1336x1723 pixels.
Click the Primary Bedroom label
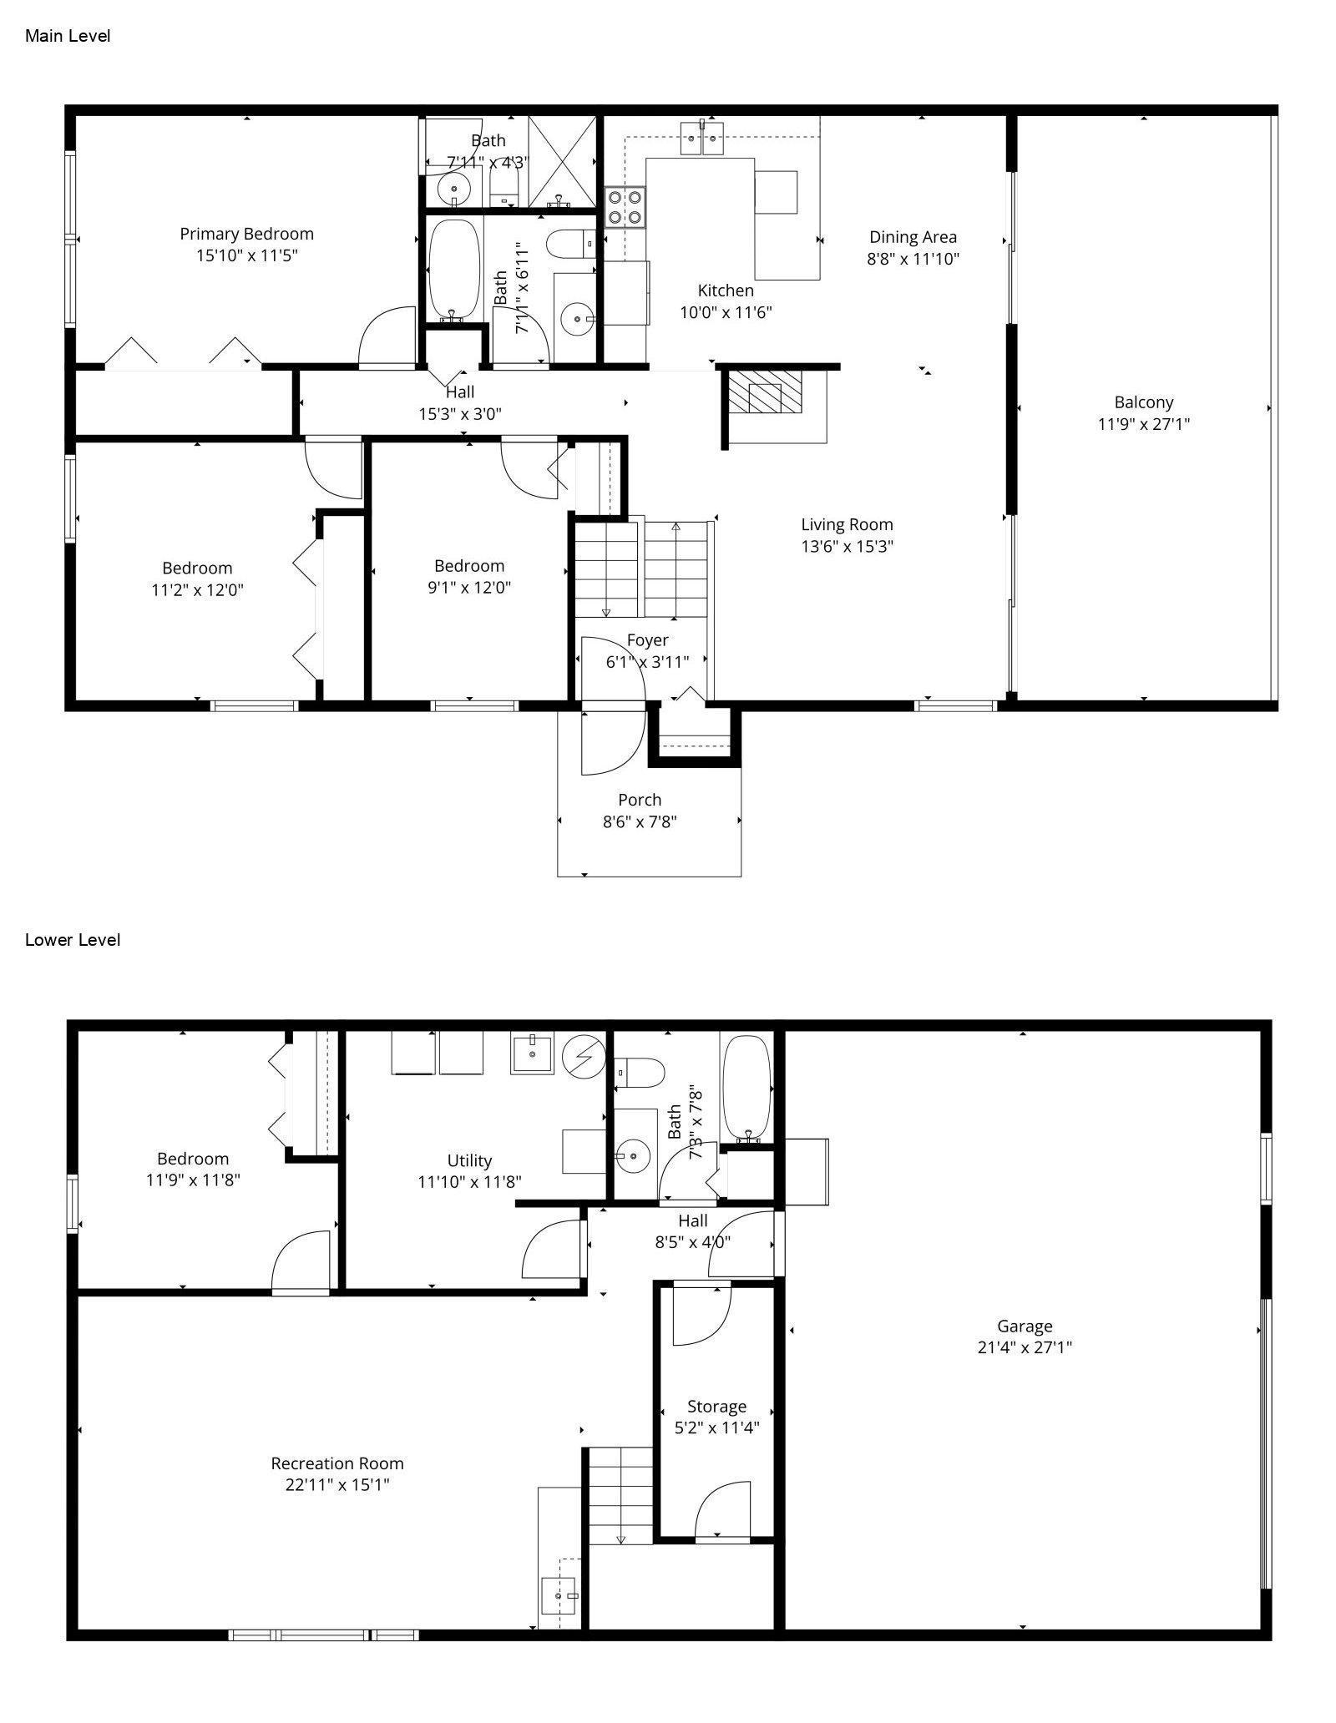point(246,235)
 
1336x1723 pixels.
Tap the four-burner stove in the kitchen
point(625,207)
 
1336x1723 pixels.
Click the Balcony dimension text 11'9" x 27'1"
point(1143,424)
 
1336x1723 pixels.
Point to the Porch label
point(640,800)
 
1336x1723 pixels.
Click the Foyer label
point(647,640)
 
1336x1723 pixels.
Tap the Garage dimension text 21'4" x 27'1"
point(1025,1347)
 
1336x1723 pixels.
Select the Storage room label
point(716,1407)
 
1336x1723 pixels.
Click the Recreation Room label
point(337,1463)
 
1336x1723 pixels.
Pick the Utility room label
point(469,1160)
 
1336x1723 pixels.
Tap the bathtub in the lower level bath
point(748,1089)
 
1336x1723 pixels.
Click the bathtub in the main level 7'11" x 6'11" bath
point(454,269)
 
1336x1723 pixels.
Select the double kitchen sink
point(701,138)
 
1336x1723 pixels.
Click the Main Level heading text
point(68,36)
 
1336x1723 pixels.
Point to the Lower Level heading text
point(73,940)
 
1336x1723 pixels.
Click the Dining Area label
point(913,237)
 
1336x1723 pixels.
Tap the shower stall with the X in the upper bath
point(562,160)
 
